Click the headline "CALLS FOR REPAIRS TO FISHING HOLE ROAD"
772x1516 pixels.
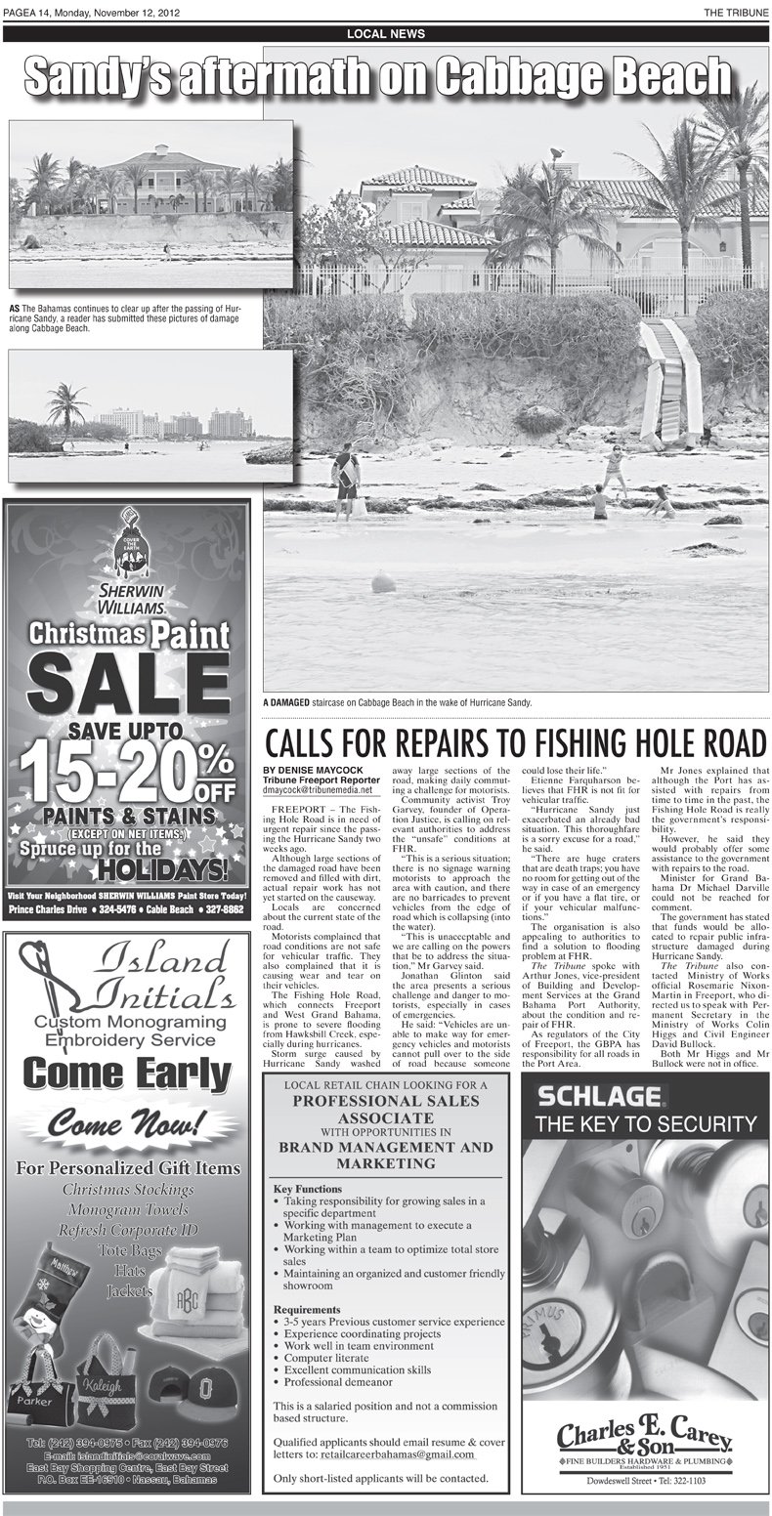(x=513, y=741)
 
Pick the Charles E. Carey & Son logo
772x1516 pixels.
(x=644, y=1441)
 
